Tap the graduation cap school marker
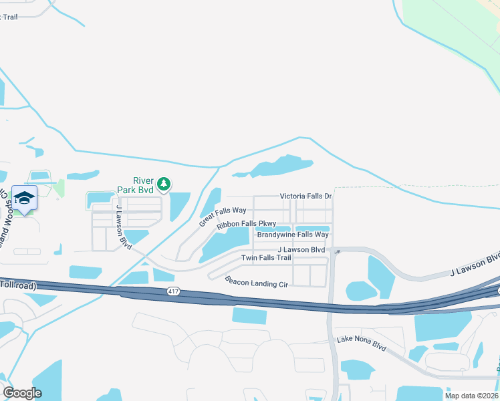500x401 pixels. [25, 198]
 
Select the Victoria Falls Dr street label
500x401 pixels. [305, 196]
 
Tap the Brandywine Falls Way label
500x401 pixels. [293, 235]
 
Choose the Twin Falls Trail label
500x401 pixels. [266, 257]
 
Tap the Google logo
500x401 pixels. [22, 393]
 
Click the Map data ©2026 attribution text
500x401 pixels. [471, 396]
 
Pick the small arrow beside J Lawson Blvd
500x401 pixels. [338, 251]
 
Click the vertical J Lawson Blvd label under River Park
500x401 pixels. [124, 227]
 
